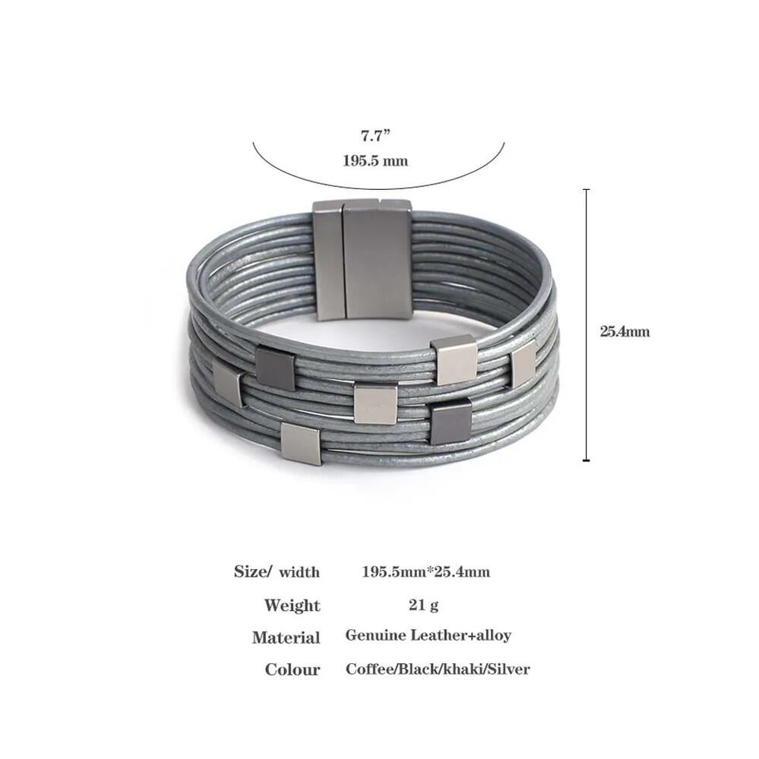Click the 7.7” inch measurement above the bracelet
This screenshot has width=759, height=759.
coord(375,135)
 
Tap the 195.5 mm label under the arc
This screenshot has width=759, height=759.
coord(375,161)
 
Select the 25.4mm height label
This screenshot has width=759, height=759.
coord(625,331)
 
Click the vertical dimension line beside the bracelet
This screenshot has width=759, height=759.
coord(587,325)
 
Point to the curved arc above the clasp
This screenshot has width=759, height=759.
coord(378,188)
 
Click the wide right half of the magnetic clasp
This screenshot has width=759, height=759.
coord(377,261)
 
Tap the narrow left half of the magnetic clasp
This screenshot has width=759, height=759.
coord(327,261)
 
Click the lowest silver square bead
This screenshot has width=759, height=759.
coord(301,444)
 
